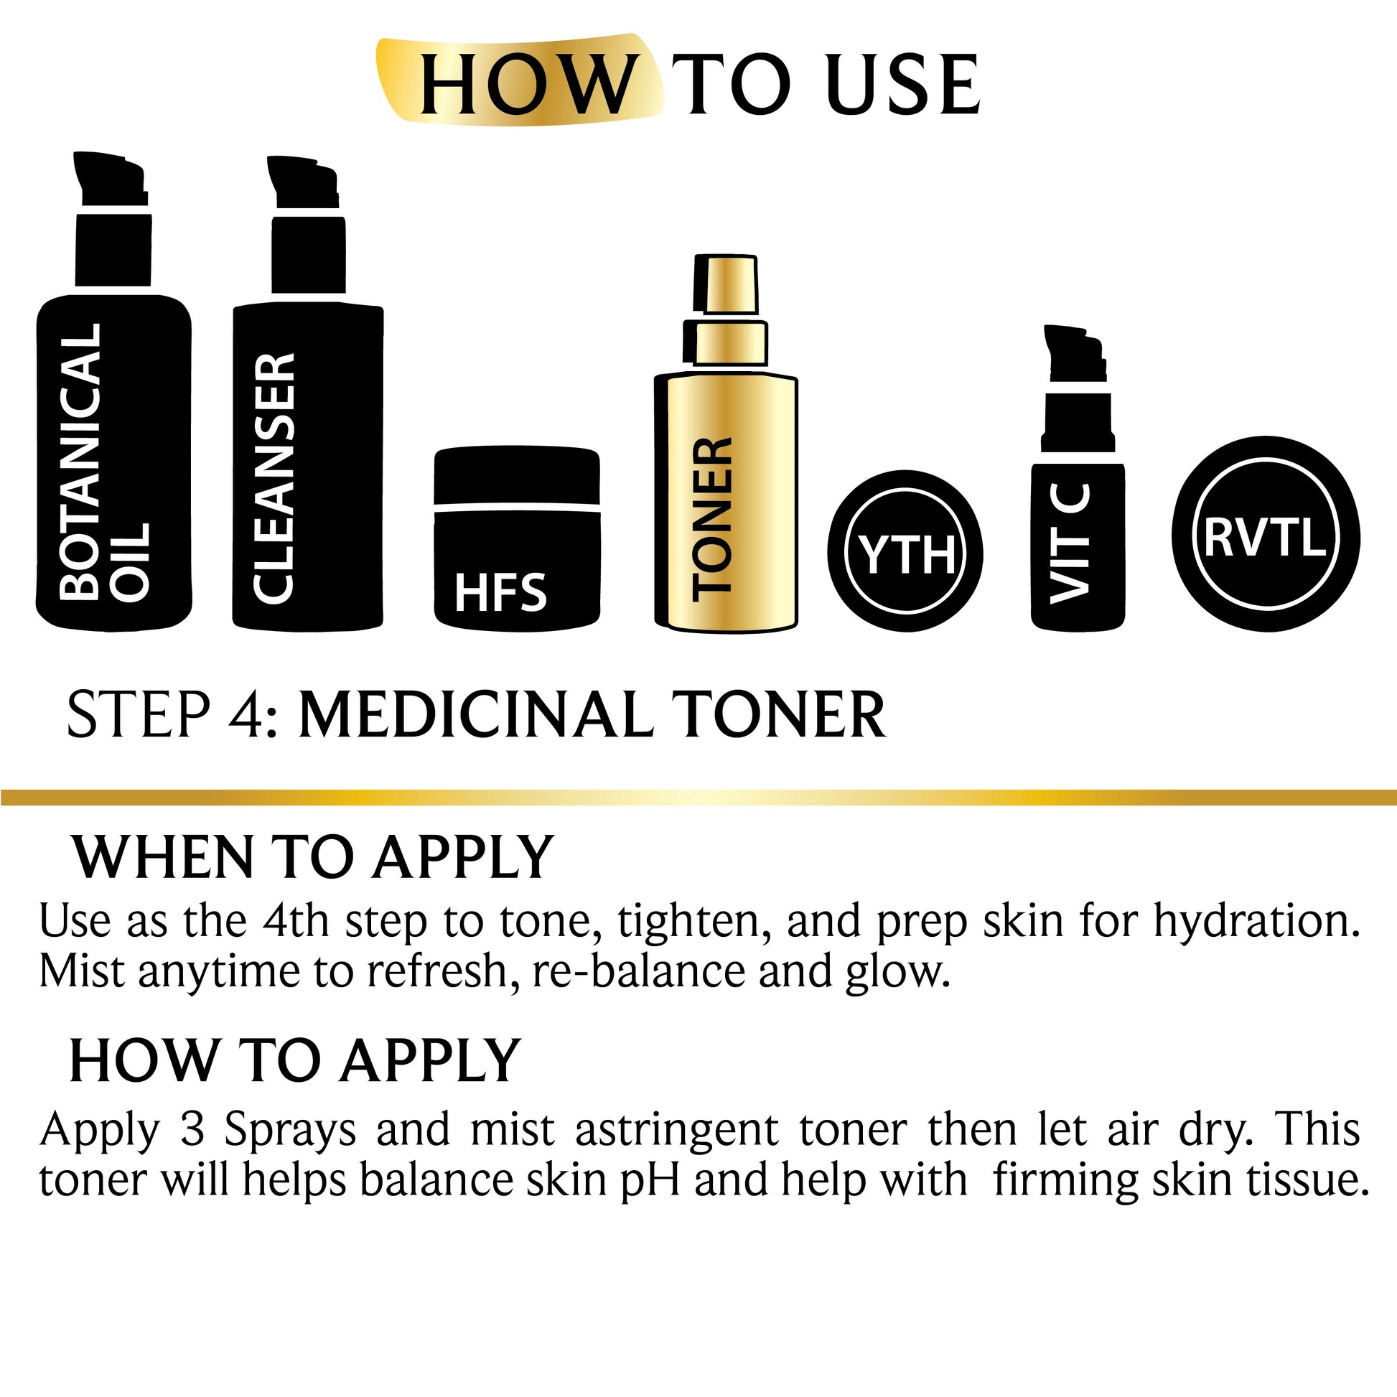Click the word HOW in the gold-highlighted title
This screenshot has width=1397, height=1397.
pyautogui.click(x=525, y=85)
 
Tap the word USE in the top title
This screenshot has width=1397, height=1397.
pyautogui.click(x=904, y=85)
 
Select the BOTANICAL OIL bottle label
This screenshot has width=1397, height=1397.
pyautogui.click(x=103, y=462)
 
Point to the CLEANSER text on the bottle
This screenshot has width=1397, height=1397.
pyautogui.click(x=275, y=478)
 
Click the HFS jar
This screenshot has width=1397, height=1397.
pyautogui.click(x=517, y=538)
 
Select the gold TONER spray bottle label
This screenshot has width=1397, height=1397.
pyautogui.click(x=712, y=519)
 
